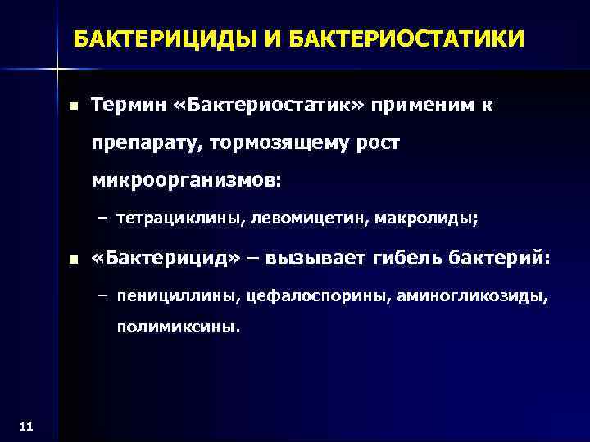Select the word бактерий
[500, 259]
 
